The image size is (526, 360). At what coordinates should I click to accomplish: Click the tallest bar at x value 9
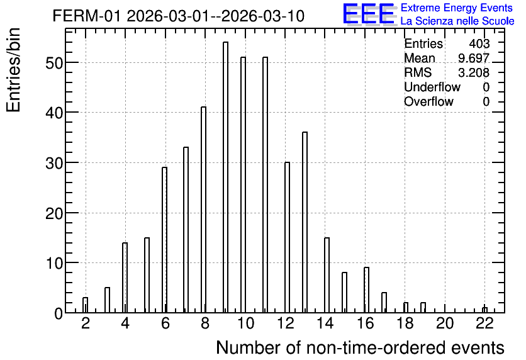[225, 177]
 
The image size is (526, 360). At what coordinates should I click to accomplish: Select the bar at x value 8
[203, 210]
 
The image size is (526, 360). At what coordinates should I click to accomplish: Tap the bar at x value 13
[305, 222]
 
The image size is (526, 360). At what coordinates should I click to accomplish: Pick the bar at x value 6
[164, 240]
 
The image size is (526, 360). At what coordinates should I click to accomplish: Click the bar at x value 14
[327, 275]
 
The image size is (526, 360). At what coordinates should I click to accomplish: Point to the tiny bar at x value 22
[484, 310]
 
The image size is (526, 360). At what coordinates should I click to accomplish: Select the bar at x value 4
[125, 278]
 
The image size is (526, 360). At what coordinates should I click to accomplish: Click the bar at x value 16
[366, 290]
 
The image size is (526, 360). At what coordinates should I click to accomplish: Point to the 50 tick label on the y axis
[54, 63]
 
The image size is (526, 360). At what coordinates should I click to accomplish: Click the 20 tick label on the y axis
[54, 213]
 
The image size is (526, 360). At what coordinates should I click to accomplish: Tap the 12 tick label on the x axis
[286, 323]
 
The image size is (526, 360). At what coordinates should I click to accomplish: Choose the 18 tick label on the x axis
[405, 323]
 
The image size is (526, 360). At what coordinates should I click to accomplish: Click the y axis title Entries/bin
[13, 70]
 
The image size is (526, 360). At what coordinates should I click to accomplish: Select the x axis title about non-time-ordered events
[361, 347]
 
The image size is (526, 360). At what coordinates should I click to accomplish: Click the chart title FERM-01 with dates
[179, 16]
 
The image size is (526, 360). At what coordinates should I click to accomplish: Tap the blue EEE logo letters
[369, 14]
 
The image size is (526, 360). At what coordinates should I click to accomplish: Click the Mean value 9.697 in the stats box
[474, 58]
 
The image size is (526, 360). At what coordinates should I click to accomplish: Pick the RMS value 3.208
[474, 72]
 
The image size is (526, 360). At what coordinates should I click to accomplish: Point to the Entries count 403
[479, 43]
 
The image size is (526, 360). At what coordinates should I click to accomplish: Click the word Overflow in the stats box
[428, 101]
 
